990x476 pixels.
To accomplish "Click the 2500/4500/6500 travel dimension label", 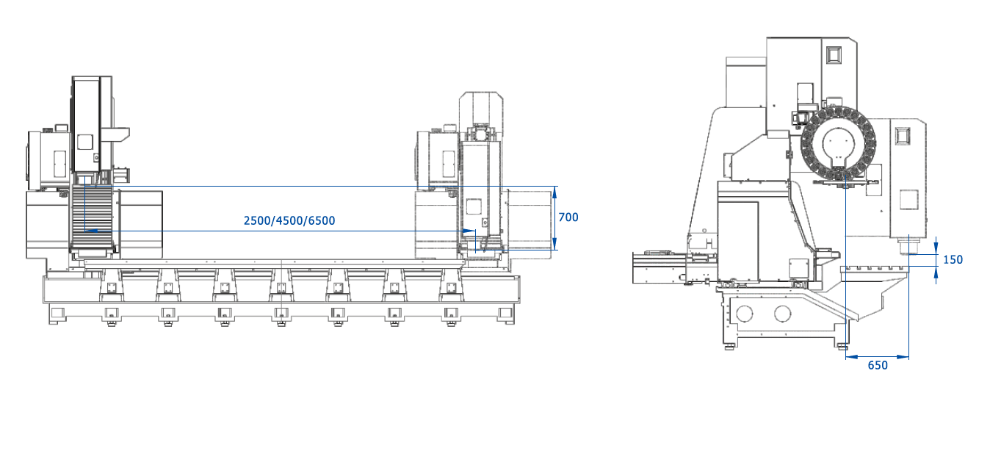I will click(289, 220).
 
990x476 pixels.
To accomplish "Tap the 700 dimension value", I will click(568, 217).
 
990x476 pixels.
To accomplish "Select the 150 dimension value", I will click(953, 259).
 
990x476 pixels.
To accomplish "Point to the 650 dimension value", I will click(878, 365).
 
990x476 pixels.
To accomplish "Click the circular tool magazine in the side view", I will click(838, 144).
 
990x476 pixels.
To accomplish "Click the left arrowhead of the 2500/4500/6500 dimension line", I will click(90, 231).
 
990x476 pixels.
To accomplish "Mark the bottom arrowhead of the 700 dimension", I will click(556, 245).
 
